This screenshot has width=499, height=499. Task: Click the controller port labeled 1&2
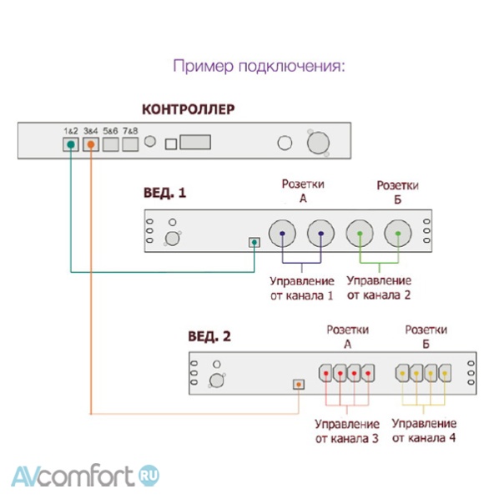point(71,144)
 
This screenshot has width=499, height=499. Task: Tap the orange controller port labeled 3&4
point(91,144)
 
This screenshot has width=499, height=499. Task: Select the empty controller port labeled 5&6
point(111,144)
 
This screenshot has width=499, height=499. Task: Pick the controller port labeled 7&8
point(129,144)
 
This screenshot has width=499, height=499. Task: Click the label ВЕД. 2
point(209,337)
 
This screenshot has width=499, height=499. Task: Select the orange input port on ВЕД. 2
point(299,384)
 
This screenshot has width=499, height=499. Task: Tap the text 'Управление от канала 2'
point(379,288)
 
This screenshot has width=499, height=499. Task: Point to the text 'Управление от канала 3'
point(346,431)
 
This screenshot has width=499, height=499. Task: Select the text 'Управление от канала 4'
point(424,431)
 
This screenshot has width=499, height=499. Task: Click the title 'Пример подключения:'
point(259,66)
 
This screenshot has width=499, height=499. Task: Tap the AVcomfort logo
point(84,476)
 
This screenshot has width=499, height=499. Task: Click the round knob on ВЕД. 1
point(174,238)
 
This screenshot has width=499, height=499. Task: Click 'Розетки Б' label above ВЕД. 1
point(397,191)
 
